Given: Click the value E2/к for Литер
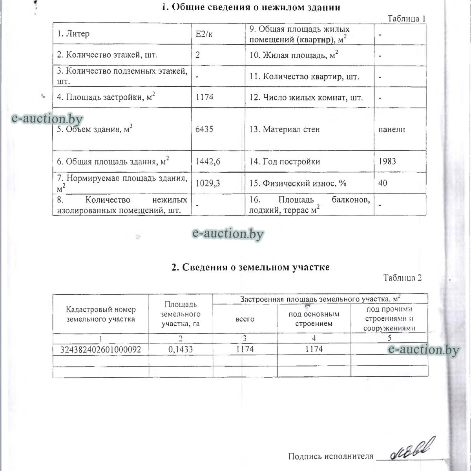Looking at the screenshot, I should [204, 34].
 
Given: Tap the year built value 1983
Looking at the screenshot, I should [387, 161].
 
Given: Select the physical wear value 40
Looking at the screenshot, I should [383, 183].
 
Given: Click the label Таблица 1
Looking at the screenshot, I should [407, 18].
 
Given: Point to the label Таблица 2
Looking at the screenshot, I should [402, 278].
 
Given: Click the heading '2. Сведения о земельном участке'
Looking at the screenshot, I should [250, 267].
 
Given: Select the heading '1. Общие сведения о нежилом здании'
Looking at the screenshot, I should [251, 7].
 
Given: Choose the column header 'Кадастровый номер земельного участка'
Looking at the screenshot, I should [101, 314].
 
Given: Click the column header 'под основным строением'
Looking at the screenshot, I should [314, 319].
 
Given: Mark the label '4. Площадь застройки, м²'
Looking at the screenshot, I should [106, 97].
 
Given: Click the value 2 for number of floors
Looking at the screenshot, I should [197, 55].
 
